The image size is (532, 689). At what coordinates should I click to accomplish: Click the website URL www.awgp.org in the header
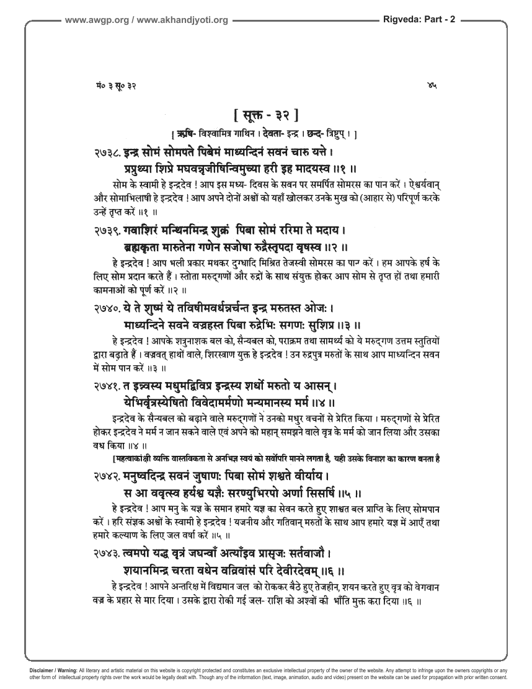tap(95, 20)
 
